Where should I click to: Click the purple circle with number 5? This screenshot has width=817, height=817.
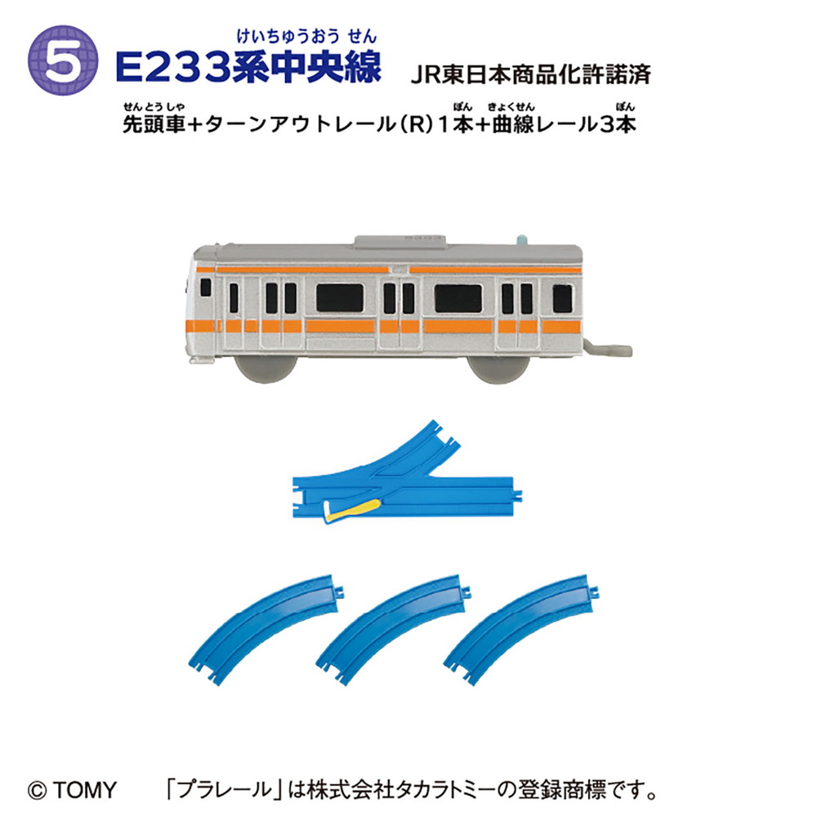pos(63,60)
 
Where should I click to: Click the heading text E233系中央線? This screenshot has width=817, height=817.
pos(248,67)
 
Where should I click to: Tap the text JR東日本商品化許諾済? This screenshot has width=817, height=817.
pos(531,74)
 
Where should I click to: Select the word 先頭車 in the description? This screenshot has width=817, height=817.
pos(154,124)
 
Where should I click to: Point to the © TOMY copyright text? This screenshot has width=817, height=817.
pos(72,790)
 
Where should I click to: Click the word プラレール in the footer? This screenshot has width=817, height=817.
pos(225,790)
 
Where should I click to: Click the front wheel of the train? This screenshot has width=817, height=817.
pos(266,368)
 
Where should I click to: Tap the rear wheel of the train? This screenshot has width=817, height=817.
pos(498,369)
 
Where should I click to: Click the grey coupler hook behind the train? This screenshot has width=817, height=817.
pos(608,349)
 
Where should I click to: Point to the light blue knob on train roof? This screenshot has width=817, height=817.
pos(522,239)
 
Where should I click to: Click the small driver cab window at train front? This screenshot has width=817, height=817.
pos(206,288)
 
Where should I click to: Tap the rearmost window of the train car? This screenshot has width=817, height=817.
pos(562,298)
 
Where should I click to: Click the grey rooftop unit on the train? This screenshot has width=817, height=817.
pos(400,240)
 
